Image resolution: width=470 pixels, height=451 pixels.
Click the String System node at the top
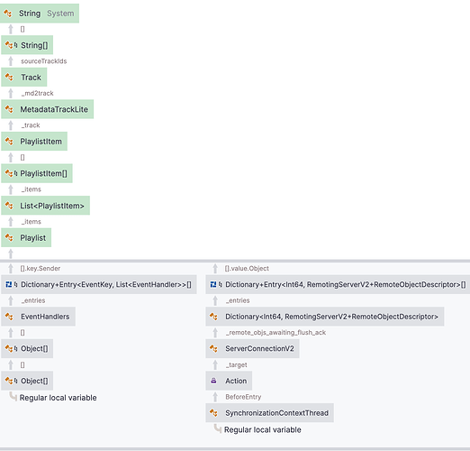pos(40,14)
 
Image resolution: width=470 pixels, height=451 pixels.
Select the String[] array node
pos(27,45)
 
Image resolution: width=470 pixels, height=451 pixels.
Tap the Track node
pos(24,78)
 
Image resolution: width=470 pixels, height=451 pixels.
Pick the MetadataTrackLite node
pos(48,109)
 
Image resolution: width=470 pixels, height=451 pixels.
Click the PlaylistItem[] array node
pos(37,173)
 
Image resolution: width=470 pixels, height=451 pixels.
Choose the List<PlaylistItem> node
pos(45,206)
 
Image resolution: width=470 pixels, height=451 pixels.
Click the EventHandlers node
pos(38,317)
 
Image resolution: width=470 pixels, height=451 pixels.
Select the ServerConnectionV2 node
pos(252,349)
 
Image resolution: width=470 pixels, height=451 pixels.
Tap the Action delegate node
pos(229,381)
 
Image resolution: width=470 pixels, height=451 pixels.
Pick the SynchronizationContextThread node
pos(269,413)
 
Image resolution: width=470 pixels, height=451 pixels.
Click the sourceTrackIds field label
pos(44,61)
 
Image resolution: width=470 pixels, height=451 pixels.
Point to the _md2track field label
pos(38,93)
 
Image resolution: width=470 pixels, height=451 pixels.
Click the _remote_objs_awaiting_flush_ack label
pos(276,333)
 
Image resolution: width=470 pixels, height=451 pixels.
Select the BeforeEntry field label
pos(243,397)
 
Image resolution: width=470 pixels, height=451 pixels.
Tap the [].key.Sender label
pos(41,269)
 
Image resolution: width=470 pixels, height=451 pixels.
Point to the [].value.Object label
pos(247,269)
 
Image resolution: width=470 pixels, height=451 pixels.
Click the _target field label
pos(237,364)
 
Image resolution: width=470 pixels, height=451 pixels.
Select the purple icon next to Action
pos(213,381)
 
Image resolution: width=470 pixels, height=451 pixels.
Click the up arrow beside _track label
pos(11,125)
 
